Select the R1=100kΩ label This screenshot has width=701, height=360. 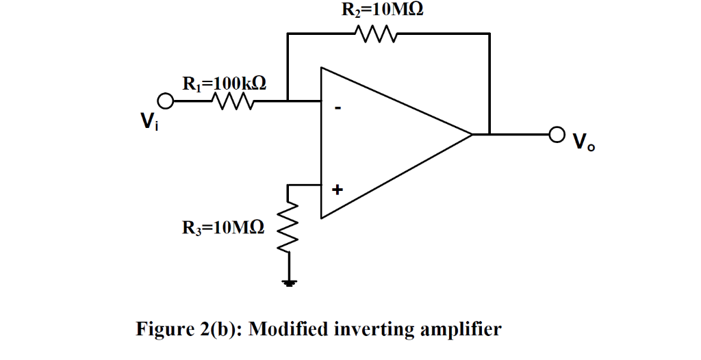[224, 83]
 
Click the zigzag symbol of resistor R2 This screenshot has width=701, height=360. [373, 33]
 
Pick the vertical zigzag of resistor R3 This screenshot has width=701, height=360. [289, 226]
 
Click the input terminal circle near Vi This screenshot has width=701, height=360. [164, 101]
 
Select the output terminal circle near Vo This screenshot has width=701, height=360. [557, 134]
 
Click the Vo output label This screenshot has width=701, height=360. [583, 143]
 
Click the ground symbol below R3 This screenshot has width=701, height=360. [290, 282]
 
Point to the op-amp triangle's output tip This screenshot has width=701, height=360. [472, 134]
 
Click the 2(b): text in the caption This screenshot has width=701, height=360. [220, 330]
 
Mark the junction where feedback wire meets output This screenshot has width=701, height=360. [489, 134]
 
